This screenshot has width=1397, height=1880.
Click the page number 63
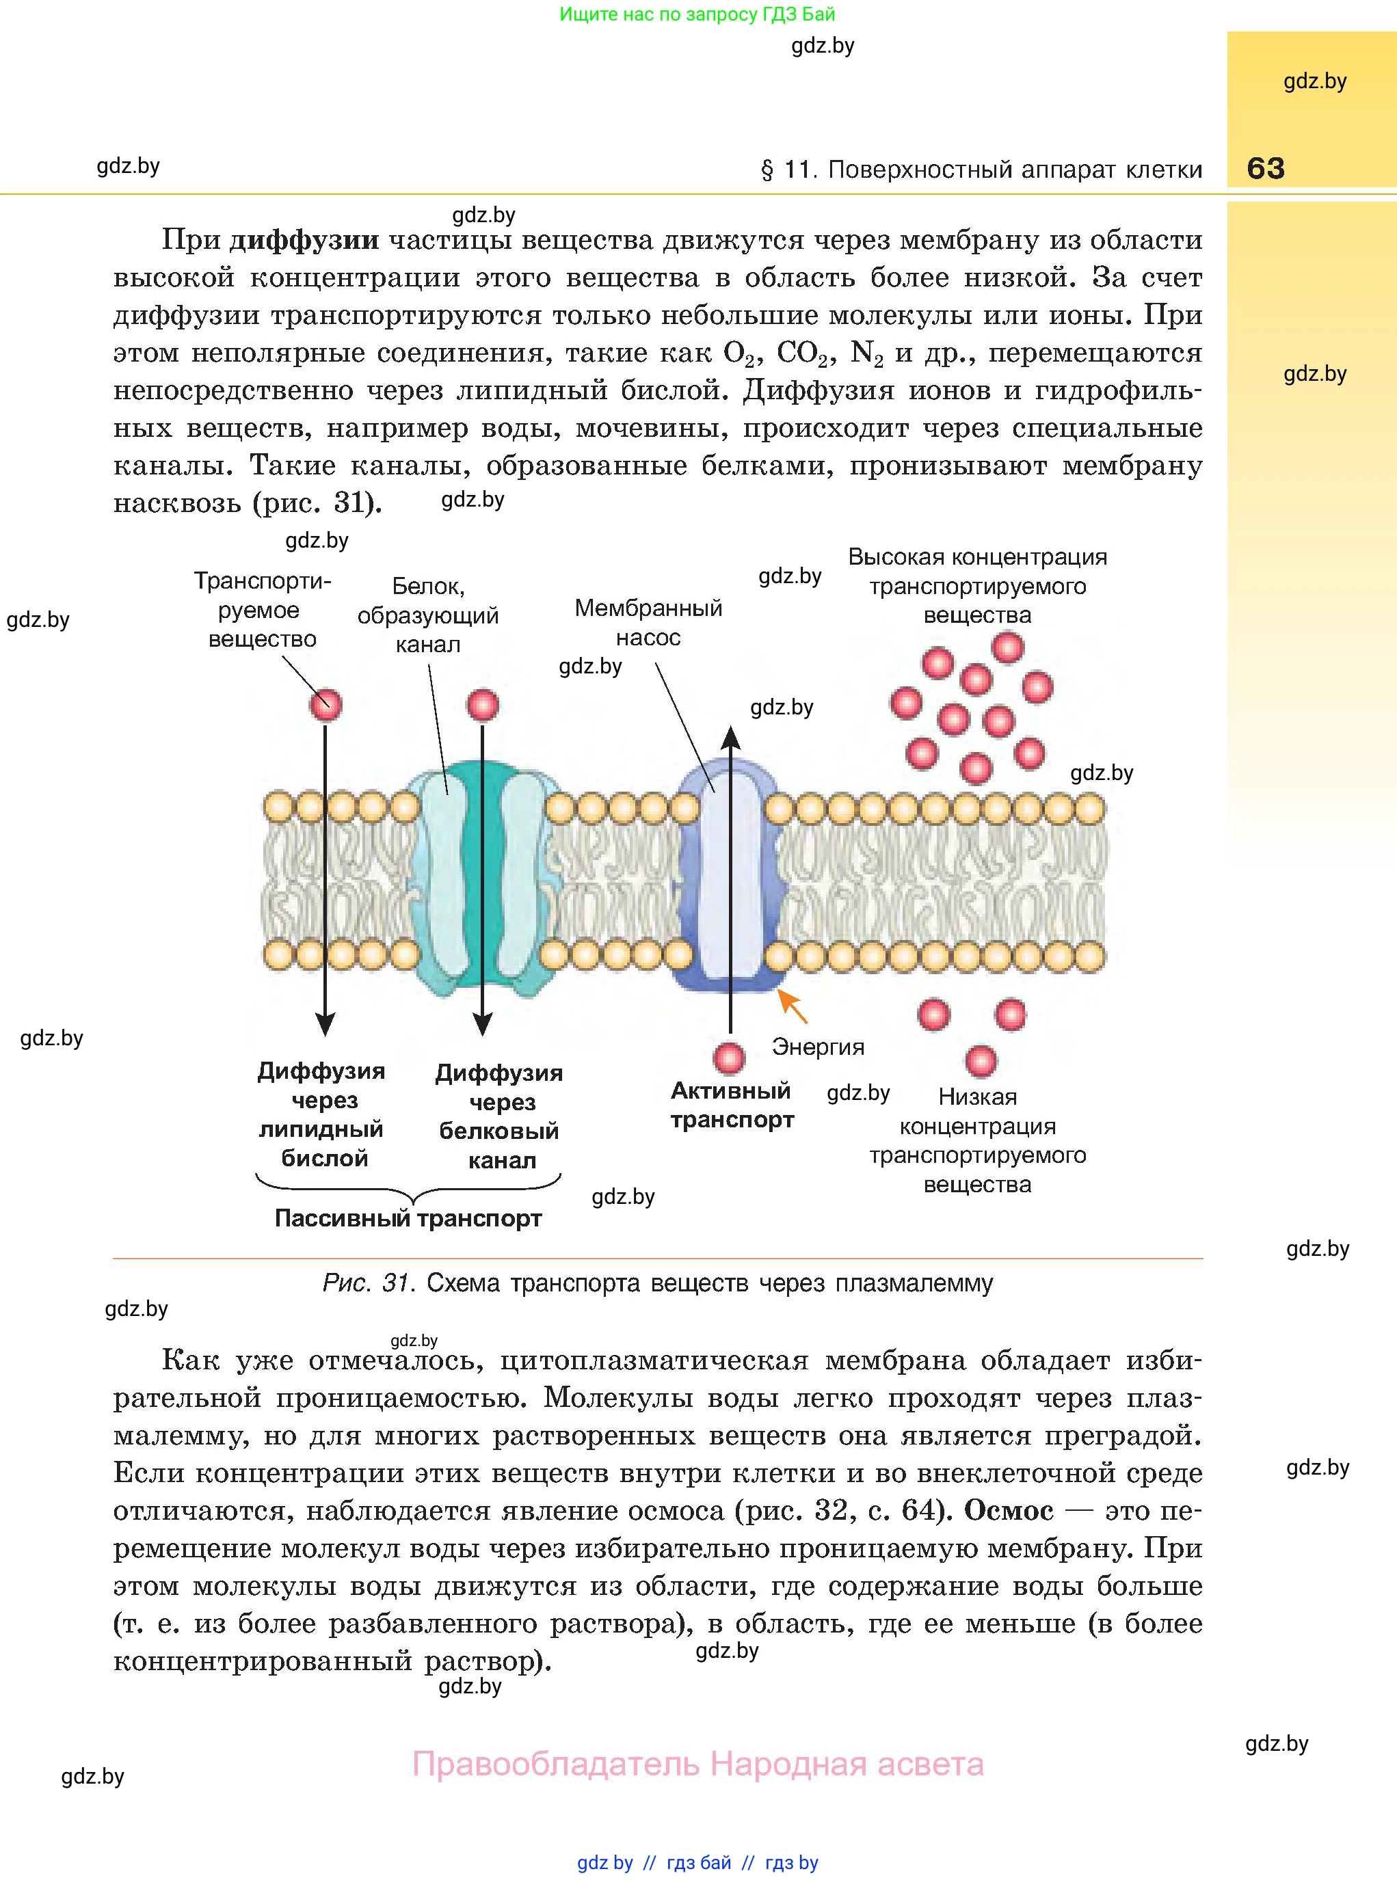pos(1265,168)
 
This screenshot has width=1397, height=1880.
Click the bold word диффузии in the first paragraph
pos(304,240)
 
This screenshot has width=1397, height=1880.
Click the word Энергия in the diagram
pos(818,1047)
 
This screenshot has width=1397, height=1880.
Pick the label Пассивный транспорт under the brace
pos(408,1218)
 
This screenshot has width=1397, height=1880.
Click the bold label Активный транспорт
pos(732,1105)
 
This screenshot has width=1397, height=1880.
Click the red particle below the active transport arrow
pos(729,1058)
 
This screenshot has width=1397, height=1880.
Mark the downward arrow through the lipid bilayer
pos(325,879)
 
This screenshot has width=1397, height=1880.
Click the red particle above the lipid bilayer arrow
pos(325,704)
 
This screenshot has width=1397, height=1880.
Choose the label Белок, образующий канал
pos(428,615)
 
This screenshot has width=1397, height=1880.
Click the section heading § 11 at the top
pos(981,170)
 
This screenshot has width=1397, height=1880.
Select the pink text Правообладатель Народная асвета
pos(697,1764)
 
